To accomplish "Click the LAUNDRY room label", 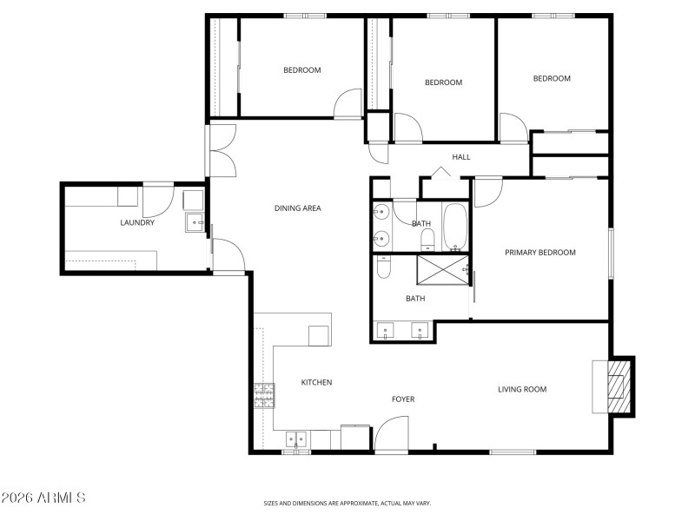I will pos(137,223).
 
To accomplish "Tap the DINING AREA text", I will pos(298,208).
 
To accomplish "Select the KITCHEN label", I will pos(316,382).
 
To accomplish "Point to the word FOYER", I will pos(403,399).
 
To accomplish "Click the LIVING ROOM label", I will pos(522,389).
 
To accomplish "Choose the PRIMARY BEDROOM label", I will pos(540,253).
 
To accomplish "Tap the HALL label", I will pos(460,157).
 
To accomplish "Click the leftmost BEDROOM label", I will pos(301,70).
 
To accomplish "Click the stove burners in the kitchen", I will pos(264,396).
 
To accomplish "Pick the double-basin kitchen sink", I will pos(295,440).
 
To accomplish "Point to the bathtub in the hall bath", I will pos(455,226).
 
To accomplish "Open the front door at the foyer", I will pos(391,434).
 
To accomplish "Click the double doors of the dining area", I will pos(222,149).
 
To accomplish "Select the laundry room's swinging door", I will pos(158,201).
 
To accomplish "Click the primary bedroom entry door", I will pos(487,191).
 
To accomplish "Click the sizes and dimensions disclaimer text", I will pos(347,503).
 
